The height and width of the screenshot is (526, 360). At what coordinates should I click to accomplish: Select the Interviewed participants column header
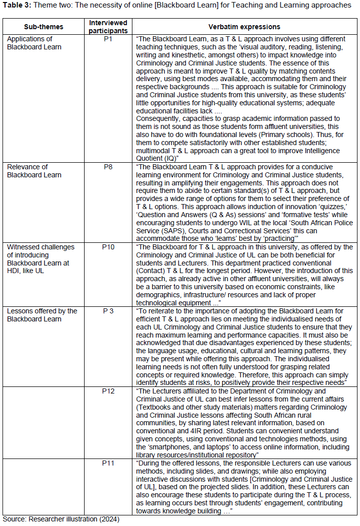108,27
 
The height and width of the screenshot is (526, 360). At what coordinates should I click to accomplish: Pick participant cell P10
108,247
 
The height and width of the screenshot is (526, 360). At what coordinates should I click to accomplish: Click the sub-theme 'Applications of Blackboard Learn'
34,43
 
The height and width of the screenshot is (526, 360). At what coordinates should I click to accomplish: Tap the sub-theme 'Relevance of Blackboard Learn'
34,171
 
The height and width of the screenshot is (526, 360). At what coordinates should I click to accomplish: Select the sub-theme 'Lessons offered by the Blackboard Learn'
42,315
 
